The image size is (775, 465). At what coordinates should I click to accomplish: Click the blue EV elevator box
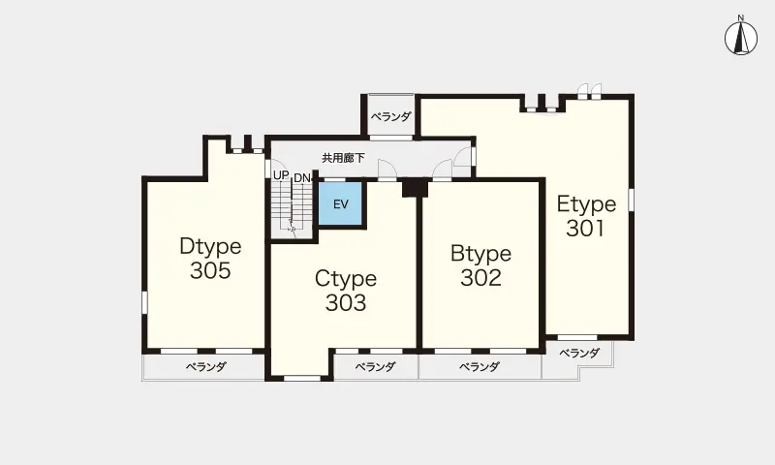pos(341,203)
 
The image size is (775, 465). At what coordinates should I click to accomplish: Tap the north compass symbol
pos(741,39)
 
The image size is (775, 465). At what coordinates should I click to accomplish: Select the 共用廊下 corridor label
pos(344,158)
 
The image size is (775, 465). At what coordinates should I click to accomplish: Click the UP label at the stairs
pos(281,175)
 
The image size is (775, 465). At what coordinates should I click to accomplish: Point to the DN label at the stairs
pos(301,178)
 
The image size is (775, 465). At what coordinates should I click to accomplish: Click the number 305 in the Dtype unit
pos(210,270)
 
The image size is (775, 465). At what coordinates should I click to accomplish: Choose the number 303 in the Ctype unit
pos(346,303)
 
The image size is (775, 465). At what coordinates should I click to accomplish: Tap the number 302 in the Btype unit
pos(480,278)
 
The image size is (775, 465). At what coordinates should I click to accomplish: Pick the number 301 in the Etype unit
pos(586,229)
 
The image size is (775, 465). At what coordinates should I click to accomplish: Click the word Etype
pos(587,204)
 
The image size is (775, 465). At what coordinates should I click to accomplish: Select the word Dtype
pos(210,246)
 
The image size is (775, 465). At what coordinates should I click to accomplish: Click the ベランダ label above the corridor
pos(391,117)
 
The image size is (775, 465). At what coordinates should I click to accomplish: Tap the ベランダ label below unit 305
pos(206,366)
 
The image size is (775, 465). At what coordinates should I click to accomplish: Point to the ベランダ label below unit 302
pos(480,366)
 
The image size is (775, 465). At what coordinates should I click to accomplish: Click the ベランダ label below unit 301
pos(579,353)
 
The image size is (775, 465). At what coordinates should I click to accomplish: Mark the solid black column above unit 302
pos(415,188)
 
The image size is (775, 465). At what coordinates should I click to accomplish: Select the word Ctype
pos(346,279)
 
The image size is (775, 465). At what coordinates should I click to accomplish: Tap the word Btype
pos(480,254)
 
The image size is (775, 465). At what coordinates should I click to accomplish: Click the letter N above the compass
pos(740,18)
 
